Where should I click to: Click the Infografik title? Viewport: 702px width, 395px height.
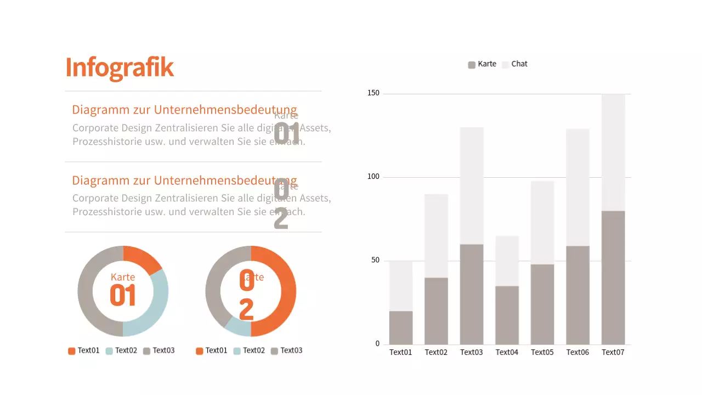click(x=120, y=67)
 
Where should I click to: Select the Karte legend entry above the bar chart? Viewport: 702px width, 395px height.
click(x=482, y=64)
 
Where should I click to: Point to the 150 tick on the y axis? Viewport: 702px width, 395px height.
click(x=373, y=93)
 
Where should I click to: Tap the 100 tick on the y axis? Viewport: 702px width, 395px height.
click(x=373, y=177)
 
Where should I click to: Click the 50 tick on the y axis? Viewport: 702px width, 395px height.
click(x=375, y=261)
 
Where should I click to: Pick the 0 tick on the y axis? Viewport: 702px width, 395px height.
click(x=377, y=344)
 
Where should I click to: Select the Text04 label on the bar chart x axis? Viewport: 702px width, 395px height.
click(x=507, y=352)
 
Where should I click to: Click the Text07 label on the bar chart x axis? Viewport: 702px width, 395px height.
click(x=613, y=352)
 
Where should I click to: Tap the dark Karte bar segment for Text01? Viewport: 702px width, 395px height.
click(x=401, y=328)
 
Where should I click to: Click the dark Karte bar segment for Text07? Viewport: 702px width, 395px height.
click(x=613, y=277)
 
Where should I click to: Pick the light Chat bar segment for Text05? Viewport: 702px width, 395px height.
click(x=542, y=222)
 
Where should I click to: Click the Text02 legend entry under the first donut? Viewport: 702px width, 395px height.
click(x=121, y=351)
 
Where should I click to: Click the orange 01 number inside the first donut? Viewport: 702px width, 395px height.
click(x=122, y=295)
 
